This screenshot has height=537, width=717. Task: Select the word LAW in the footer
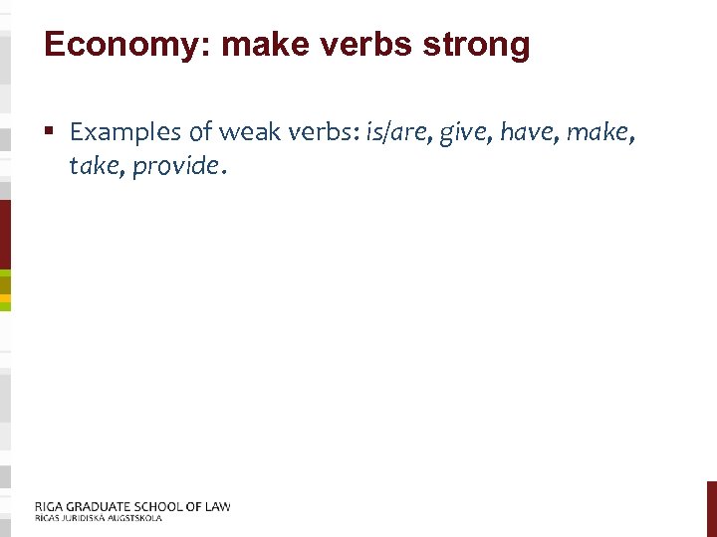pos(214,506)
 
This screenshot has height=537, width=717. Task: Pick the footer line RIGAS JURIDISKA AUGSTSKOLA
pos(98,518)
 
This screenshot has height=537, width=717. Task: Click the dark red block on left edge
pos(5,234)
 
